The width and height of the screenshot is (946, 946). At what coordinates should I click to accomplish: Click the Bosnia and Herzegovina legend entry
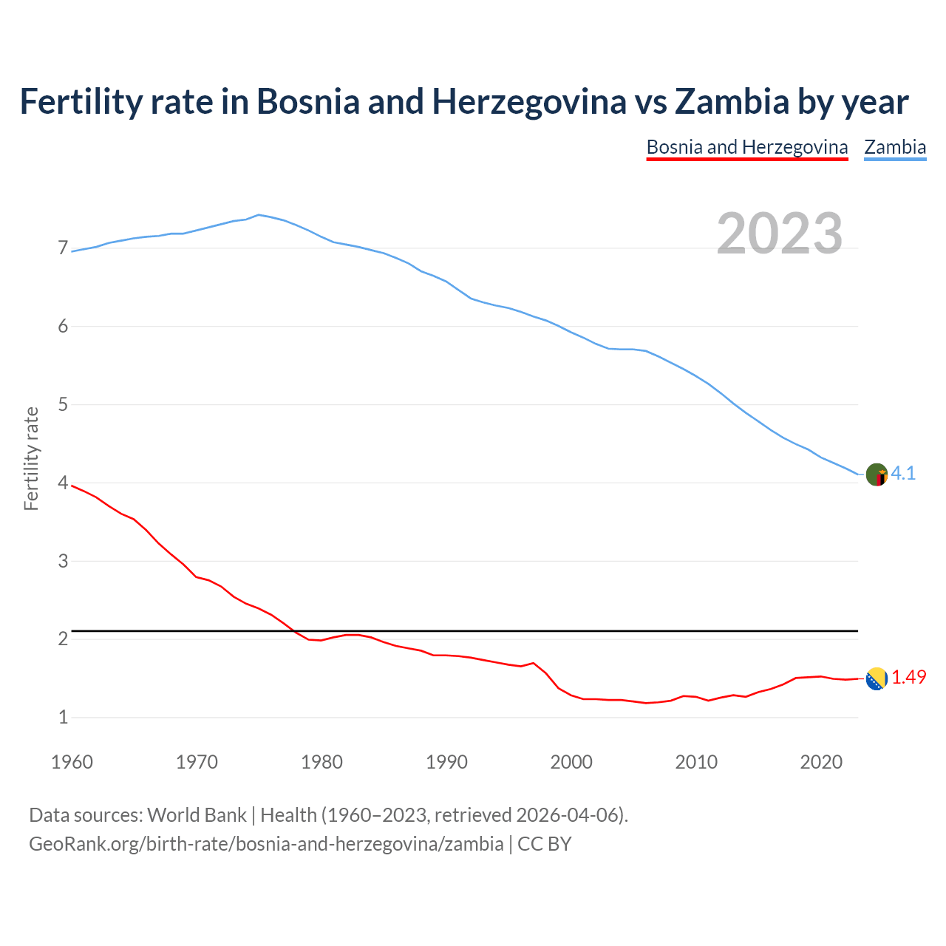(746, 147)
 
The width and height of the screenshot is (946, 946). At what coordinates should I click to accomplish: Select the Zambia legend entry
(895, 147)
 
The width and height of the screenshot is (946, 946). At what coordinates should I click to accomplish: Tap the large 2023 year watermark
(780, 234)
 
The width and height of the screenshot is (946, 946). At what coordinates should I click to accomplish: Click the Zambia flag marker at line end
(877, 474)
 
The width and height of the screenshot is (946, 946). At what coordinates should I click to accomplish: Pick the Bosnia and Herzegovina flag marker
(877, 678)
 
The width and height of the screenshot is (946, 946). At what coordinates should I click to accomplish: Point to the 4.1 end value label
(903, 474)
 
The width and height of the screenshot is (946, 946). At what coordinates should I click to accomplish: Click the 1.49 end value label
(908, 678)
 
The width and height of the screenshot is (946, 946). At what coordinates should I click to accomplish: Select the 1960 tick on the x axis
(72, 762)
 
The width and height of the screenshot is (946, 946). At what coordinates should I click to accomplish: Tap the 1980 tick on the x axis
(321, 762)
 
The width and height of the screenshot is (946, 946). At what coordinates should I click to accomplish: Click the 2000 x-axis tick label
(571, 762)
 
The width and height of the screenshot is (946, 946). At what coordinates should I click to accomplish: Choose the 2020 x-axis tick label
(821, 762)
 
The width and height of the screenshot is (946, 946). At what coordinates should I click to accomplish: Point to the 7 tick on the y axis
(63, 248)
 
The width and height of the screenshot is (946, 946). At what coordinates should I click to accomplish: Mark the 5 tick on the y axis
(63, 405)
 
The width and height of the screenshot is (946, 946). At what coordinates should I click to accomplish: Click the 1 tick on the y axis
(63, 718)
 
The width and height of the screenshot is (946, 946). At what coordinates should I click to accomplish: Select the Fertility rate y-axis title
(31, 458)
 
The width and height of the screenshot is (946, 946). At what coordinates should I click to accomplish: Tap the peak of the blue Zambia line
(258, 215)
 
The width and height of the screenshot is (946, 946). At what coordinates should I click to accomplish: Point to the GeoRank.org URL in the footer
(266, 844)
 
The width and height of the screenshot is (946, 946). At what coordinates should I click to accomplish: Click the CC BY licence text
(545, 844)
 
